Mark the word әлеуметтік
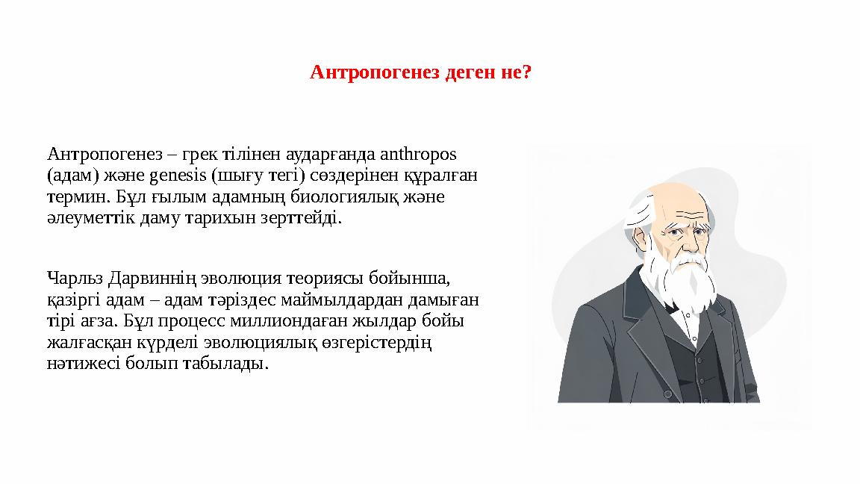[89, 220]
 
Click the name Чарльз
[75, 279]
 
